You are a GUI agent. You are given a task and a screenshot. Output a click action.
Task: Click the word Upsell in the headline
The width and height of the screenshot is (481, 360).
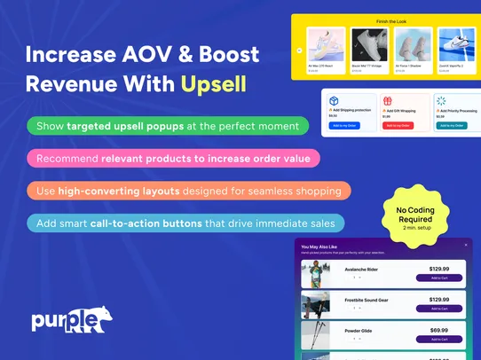[213, 84]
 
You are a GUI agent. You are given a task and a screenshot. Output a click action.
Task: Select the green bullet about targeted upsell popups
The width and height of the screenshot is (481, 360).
[169, 126]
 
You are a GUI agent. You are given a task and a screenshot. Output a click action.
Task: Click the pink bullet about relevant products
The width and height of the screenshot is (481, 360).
[173, 159]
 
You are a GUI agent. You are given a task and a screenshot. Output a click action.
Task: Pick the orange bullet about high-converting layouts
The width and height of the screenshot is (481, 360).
[189, 191]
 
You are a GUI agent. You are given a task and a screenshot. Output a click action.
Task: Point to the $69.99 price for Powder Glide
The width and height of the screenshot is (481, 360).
[438, 330]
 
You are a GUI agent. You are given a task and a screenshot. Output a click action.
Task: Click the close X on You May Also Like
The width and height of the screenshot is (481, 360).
[465, 245]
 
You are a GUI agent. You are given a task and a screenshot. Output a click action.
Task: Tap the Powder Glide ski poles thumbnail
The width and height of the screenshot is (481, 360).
[315, 335]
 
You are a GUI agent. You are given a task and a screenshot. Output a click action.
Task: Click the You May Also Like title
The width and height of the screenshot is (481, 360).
[320, 246]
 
